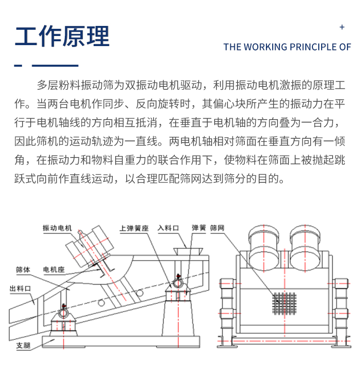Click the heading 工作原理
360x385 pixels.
click(x=62, y=36)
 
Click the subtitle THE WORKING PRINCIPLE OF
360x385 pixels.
click(x=288, y=47)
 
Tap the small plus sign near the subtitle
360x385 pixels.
click(x=342, y=27)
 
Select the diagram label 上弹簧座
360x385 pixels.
click(x=133, y=228)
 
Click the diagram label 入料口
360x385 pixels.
click(x=168, y=228)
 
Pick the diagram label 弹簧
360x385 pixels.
click(x=198, y=228)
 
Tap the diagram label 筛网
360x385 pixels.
click(x=217, y=228)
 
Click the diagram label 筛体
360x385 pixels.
click(x=23, y=270)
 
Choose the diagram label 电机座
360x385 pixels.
click(x=54, y=270)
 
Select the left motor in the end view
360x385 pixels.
click(x=263, y=247)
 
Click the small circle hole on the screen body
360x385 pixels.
click(x=100, y=302)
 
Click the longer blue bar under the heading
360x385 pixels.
click(x=55, y=65)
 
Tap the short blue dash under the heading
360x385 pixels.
click(x=19, y=65)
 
